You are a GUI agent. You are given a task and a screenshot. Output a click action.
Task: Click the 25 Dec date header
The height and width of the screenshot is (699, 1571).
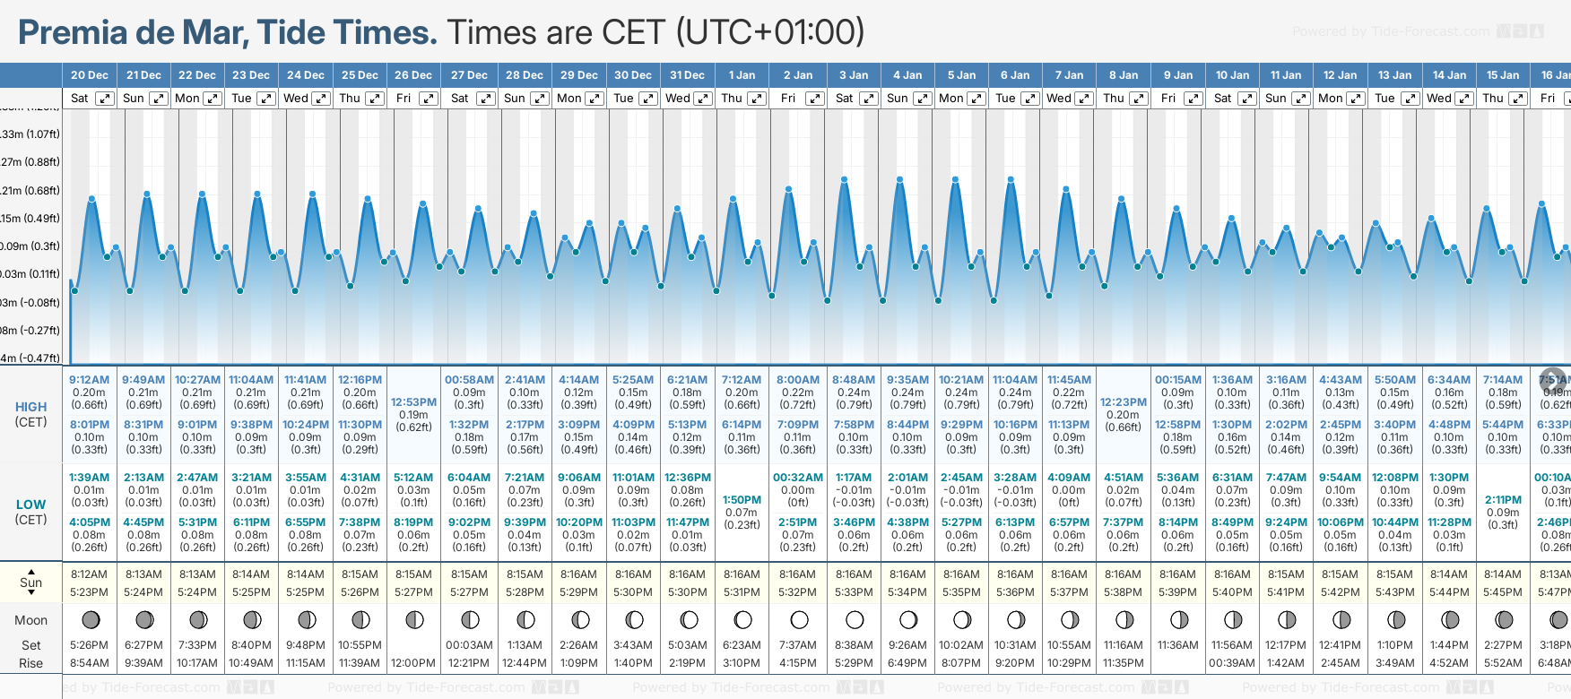360,75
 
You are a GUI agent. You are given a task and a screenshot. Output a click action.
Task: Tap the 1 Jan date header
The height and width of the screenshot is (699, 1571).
742,75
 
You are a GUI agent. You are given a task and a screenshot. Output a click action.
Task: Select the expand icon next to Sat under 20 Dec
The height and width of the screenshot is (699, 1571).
105,99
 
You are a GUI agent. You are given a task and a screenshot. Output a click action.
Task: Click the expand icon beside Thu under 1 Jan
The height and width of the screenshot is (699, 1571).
757,99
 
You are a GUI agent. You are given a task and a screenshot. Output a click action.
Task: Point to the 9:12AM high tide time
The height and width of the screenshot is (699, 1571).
89,380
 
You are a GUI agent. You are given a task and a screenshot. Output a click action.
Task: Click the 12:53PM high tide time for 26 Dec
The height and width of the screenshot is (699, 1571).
413,402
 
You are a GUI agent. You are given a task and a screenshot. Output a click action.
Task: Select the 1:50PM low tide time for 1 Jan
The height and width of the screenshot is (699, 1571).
742,500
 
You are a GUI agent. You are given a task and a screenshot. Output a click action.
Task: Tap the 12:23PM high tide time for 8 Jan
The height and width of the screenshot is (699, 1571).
1124,402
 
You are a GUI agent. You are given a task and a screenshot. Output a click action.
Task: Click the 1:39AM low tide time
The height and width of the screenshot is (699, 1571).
89,478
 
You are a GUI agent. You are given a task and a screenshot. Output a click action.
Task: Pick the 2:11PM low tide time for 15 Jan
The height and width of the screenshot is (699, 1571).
1503,500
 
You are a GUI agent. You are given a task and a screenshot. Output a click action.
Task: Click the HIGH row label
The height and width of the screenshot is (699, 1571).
30,407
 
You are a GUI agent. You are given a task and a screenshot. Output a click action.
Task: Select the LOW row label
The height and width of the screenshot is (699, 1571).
30,505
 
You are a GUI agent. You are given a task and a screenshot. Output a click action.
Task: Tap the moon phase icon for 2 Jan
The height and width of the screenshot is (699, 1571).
799,619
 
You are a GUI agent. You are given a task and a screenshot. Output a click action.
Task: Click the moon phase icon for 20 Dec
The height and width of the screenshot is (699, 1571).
90,619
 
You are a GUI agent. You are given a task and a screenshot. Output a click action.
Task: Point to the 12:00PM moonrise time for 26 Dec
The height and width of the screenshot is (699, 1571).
413,663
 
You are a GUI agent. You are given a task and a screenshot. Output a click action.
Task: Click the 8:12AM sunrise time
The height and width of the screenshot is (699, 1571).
89,574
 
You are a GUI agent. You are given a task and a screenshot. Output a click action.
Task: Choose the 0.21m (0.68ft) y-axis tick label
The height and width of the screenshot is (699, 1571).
30,190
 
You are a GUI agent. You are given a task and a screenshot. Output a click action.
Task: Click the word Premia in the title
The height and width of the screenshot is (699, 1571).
73,32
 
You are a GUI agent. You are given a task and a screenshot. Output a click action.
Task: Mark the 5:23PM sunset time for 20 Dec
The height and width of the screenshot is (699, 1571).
89,592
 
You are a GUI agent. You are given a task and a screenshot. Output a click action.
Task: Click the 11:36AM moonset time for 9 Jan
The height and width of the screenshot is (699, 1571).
1177,645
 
